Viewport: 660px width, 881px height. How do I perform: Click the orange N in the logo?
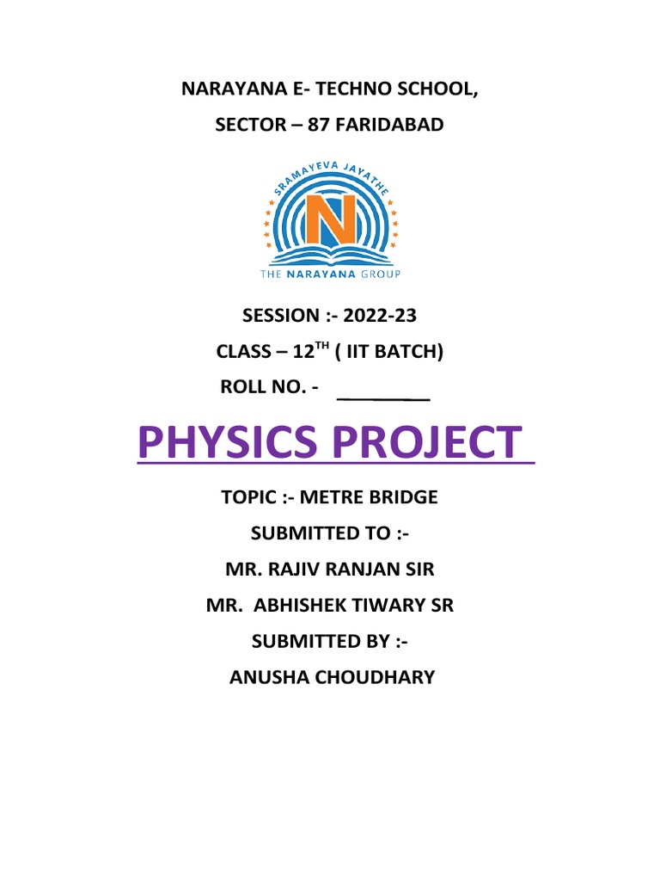tap(330, 219)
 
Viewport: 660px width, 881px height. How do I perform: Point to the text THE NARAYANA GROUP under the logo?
tap(330, 274)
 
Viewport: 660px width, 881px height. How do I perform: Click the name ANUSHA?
tap(266, 678)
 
